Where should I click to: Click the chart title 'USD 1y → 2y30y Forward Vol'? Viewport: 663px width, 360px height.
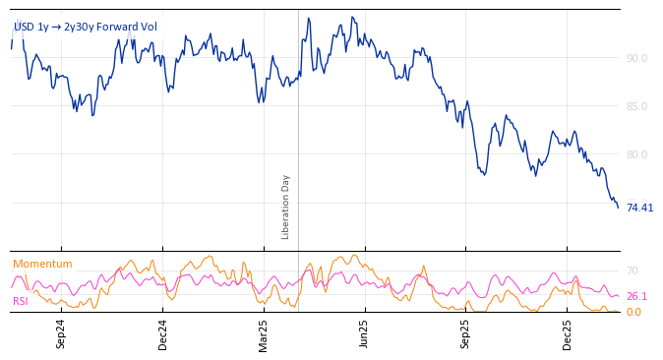(85, 28)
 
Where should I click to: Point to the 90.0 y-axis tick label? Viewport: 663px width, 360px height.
(636, 58)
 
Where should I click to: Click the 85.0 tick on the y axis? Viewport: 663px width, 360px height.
(636, 106)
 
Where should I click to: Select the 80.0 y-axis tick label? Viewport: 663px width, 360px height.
(636, 154)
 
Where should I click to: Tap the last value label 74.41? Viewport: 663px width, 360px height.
(639, 208)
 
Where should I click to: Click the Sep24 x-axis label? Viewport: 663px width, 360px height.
(61, 333)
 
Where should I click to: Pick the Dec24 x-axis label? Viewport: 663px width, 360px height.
(162, 333)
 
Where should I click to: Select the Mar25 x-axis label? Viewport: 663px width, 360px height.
(263, 333)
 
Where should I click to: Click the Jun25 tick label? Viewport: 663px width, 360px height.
(364, 333)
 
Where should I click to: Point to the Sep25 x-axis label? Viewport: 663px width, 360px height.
(465, 333)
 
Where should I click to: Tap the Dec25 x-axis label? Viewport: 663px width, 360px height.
(567, 333)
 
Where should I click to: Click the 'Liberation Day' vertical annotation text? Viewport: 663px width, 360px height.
(286, 207)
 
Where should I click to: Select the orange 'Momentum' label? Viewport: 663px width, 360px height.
(42, 264)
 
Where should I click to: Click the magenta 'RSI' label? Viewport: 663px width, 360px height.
(21, 301)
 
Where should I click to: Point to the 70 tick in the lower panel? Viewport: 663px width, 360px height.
(633, 270)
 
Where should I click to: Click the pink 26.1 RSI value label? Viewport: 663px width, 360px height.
(636, 296)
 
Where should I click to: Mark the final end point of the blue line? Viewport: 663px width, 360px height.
(618, 208)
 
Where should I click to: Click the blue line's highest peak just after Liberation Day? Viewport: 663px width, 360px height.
(308, 18)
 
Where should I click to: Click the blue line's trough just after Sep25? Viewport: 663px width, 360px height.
(484, 175)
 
